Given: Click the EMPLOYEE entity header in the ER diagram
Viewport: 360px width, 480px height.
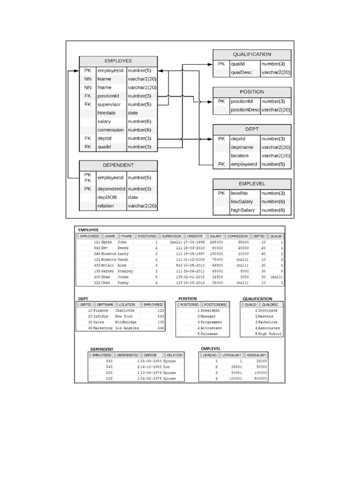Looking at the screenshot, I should point(118,61).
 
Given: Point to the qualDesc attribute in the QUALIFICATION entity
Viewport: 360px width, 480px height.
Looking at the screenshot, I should point(241,73).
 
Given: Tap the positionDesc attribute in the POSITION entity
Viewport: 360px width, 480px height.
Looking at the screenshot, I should point(245,110).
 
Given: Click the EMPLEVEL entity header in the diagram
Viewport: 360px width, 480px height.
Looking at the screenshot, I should point(252,184).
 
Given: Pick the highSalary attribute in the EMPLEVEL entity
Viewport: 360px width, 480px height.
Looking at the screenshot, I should point(242,210).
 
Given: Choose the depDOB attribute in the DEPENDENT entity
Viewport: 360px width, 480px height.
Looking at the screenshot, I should point(106,197).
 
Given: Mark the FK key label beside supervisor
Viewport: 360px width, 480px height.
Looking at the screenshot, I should point(87,105).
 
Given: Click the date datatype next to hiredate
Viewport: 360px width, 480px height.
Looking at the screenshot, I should point(133,113).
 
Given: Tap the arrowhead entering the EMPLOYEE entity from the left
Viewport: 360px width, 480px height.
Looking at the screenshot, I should point(76,71).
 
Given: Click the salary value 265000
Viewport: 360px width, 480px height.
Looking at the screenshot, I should point(216,241).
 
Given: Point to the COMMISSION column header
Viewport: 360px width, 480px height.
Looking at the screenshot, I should point(238,236).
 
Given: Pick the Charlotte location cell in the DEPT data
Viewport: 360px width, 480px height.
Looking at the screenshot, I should point(124,310).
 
